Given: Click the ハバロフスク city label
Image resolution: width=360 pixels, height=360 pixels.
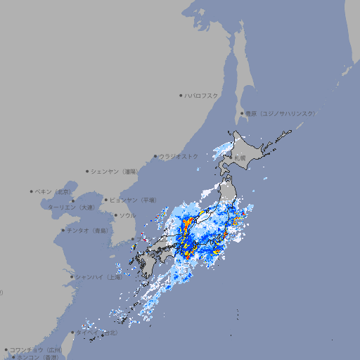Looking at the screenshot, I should click(x=202, y=96).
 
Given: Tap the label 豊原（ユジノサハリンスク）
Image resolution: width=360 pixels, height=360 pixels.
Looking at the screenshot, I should click(x=281, y=113).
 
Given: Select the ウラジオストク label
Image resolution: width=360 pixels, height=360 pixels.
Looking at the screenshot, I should click(x=179, y=156).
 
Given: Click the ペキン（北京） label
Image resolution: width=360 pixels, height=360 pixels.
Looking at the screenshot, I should click(x=54, y=191).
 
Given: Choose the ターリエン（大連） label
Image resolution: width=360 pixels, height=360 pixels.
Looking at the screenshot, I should click(x=70, y=207).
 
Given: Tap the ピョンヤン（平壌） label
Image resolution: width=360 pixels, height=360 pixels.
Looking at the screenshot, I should click(x=134, y=200).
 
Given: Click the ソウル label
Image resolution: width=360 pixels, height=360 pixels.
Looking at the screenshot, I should click(x=127, y=215).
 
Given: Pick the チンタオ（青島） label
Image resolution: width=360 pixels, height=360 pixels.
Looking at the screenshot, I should click(x=87, y=230).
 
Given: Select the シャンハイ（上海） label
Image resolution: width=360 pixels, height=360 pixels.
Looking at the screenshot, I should click(x=98, y=277).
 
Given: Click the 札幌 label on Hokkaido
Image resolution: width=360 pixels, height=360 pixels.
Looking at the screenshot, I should click(x=240, y=158).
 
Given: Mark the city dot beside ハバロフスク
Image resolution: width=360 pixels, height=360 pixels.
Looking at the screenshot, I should click(x=181, y=96).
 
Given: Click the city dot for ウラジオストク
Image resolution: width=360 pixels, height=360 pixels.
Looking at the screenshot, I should click(x=155, y=156).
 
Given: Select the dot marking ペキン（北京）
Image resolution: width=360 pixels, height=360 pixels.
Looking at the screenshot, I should click(x=32, y=191).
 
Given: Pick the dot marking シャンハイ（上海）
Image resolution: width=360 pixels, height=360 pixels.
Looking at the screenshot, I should click(x=72, y=277).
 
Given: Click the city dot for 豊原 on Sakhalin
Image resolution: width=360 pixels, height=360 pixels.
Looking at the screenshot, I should click(x=242, y=113).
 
